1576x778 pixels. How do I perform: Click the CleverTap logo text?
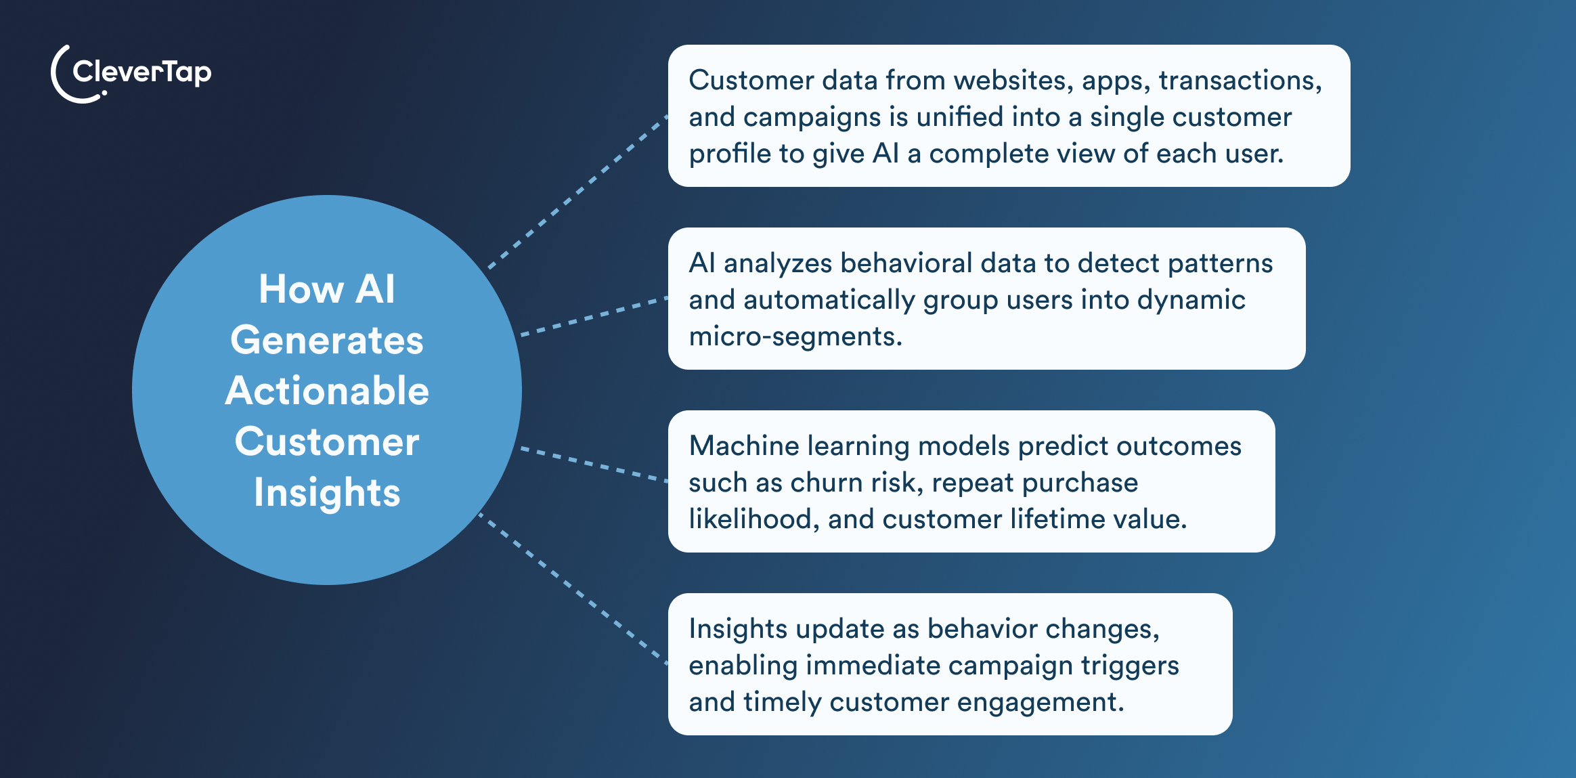141,72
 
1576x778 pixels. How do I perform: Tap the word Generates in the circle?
327,340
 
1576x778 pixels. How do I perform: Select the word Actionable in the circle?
327,391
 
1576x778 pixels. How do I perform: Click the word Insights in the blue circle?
327,492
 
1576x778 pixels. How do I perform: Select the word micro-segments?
795,337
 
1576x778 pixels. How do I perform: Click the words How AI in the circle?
327,289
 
